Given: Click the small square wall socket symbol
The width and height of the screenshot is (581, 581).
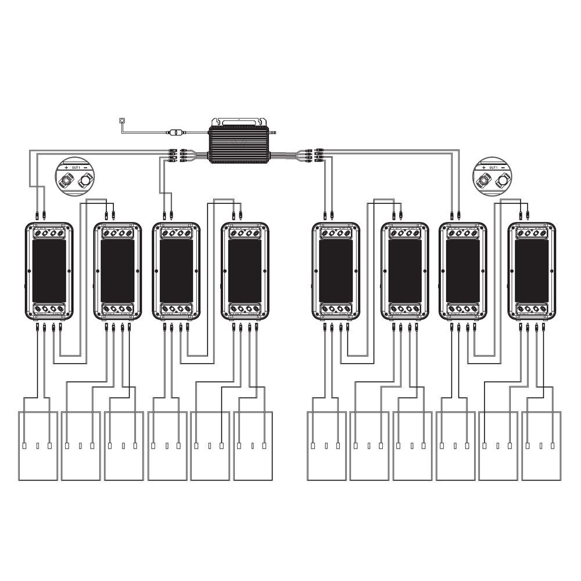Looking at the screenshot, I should click(x=121, y=120).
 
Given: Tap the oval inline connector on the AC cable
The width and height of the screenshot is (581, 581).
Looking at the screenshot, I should click(x=173, y=132).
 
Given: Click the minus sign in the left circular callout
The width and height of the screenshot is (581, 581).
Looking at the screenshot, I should click(x=85, y=167).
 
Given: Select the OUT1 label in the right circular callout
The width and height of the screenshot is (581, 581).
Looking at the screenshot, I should click(x=493, y=167).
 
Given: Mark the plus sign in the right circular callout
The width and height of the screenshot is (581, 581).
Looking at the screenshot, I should click(x=483, y=167).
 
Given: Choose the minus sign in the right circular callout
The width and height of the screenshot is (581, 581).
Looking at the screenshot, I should click(x=503, y=167).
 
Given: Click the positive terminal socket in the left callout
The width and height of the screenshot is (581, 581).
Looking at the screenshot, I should click(x=67, y=182).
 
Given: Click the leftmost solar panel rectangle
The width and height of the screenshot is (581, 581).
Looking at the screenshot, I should click(x=38, y=446).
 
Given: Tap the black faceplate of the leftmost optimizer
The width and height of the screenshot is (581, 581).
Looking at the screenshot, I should click(x=49, y=271).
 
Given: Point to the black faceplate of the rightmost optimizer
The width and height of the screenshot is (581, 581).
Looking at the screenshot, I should click(x=532, y=271).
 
